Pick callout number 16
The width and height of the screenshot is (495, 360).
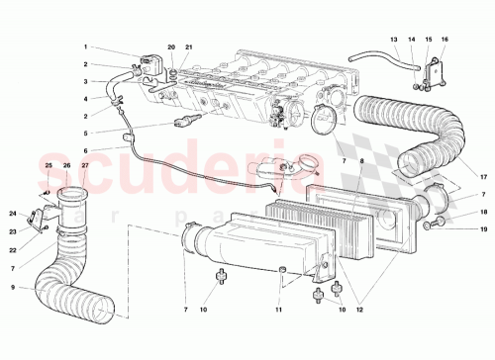[445, 40]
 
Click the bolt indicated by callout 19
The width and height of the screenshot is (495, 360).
[434, 226]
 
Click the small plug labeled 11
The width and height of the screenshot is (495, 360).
[281, 269]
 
